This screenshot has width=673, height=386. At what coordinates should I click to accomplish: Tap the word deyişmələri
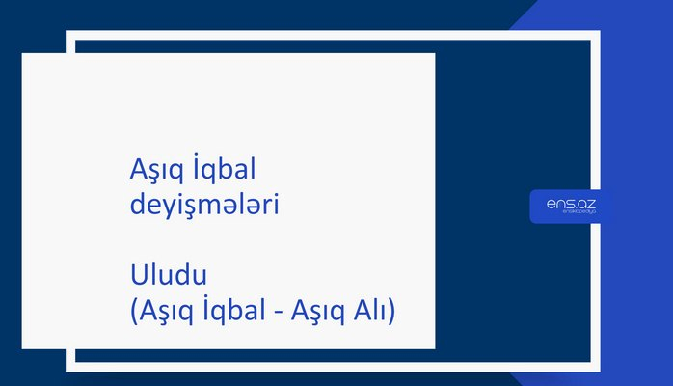[203, 206]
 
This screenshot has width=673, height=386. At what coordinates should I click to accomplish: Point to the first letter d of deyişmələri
[136, 206]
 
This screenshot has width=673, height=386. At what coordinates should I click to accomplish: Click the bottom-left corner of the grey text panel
[23, 348]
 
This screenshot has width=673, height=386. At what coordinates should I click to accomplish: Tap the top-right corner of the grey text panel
[434, 54]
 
